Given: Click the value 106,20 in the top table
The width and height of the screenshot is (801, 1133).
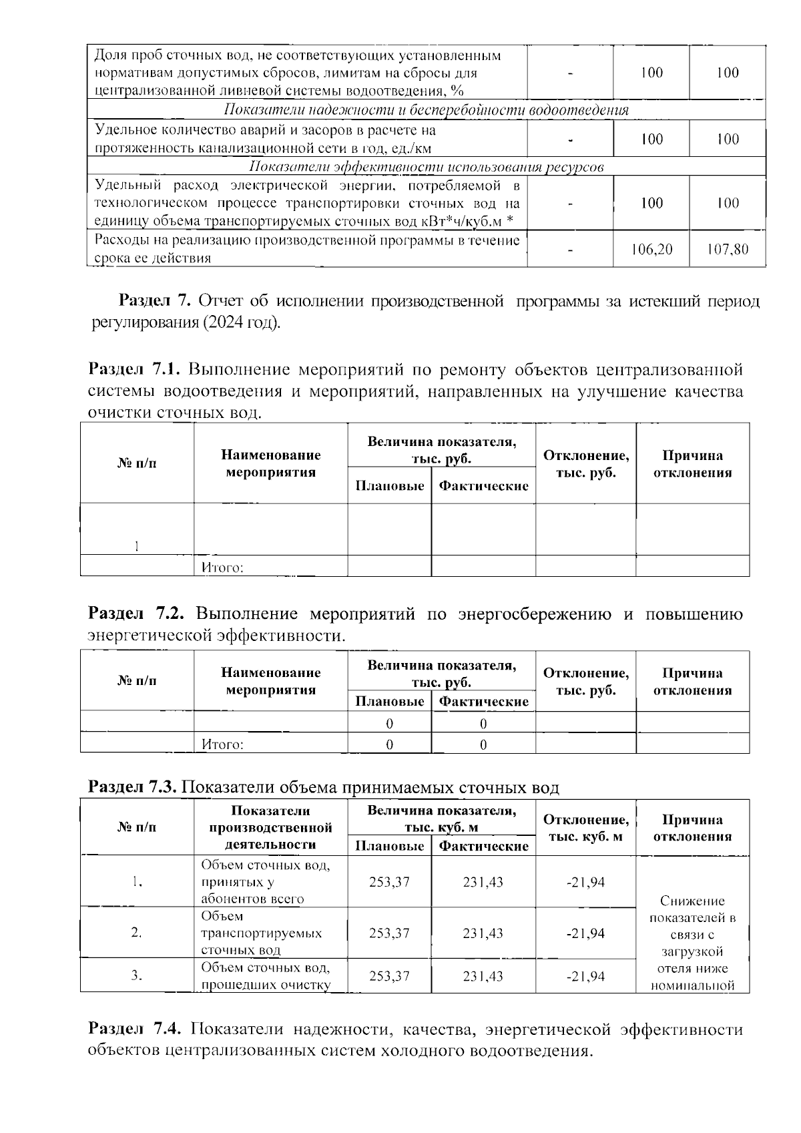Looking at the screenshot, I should (651, 250).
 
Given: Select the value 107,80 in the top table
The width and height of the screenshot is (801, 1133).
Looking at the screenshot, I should (727, 250).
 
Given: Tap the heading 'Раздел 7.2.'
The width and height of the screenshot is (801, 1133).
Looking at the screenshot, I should (136, 614).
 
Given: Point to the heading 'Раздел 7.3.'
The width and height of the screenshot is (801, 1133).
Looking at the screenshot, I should (132, 788).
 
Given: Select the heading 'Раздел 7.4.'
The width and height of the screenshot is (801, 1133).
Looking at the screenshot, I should (136, 1030).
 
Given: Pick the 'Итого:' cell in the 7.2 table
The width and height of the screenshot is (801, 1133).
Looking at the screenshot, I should (222, 744).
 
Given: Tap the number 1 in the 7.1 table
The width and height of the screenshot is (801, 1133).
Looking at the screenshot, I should (136, 547).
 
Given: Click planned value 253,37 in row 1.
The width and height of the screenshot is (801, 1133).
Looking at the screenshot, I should (389, 882).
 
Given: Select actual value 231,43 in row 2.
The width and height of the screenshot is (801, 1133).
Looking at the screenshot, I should (483, 933).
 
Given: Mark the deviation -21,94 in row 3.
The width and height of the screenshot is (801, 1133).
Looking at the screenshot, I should (585, 976).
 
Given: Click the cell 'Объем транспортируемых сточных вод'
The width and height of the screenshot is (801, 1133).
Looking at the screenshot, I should (262, 933).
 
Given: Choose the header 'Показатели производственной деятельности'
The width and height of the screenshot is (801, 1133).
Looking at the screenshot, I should (270, 828).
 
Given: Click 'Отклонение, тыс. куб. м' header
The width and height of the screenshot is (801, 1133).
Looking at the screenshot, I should (585, 828).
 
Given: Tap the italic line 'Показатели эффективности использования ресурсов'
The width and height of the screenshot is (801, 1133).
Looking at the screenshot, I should (426, 167).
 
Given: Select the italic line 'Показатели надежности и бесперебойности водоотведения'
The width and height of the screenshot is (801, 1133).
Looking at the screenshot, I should (426, 110).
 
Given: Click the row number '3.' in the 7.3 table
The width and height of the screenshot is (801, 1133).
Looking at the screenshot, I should (136, 976).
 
